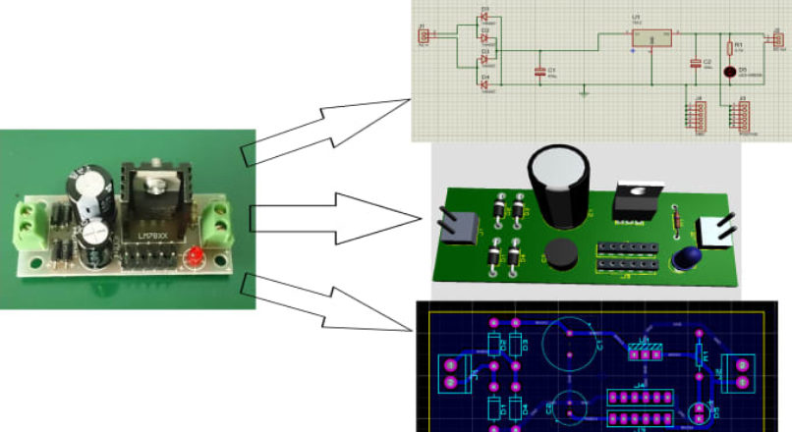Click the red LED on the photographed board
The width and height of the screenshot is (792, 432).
click(x=195, y=258)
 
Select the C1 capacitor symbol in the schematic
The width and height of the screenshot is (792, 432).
click(x=538, y=72)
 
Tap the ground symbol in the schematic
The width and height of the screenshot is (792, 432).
click(x=585, y=93)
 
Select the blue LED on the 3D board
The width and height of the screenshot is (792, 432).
click(x=685, y=259)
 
